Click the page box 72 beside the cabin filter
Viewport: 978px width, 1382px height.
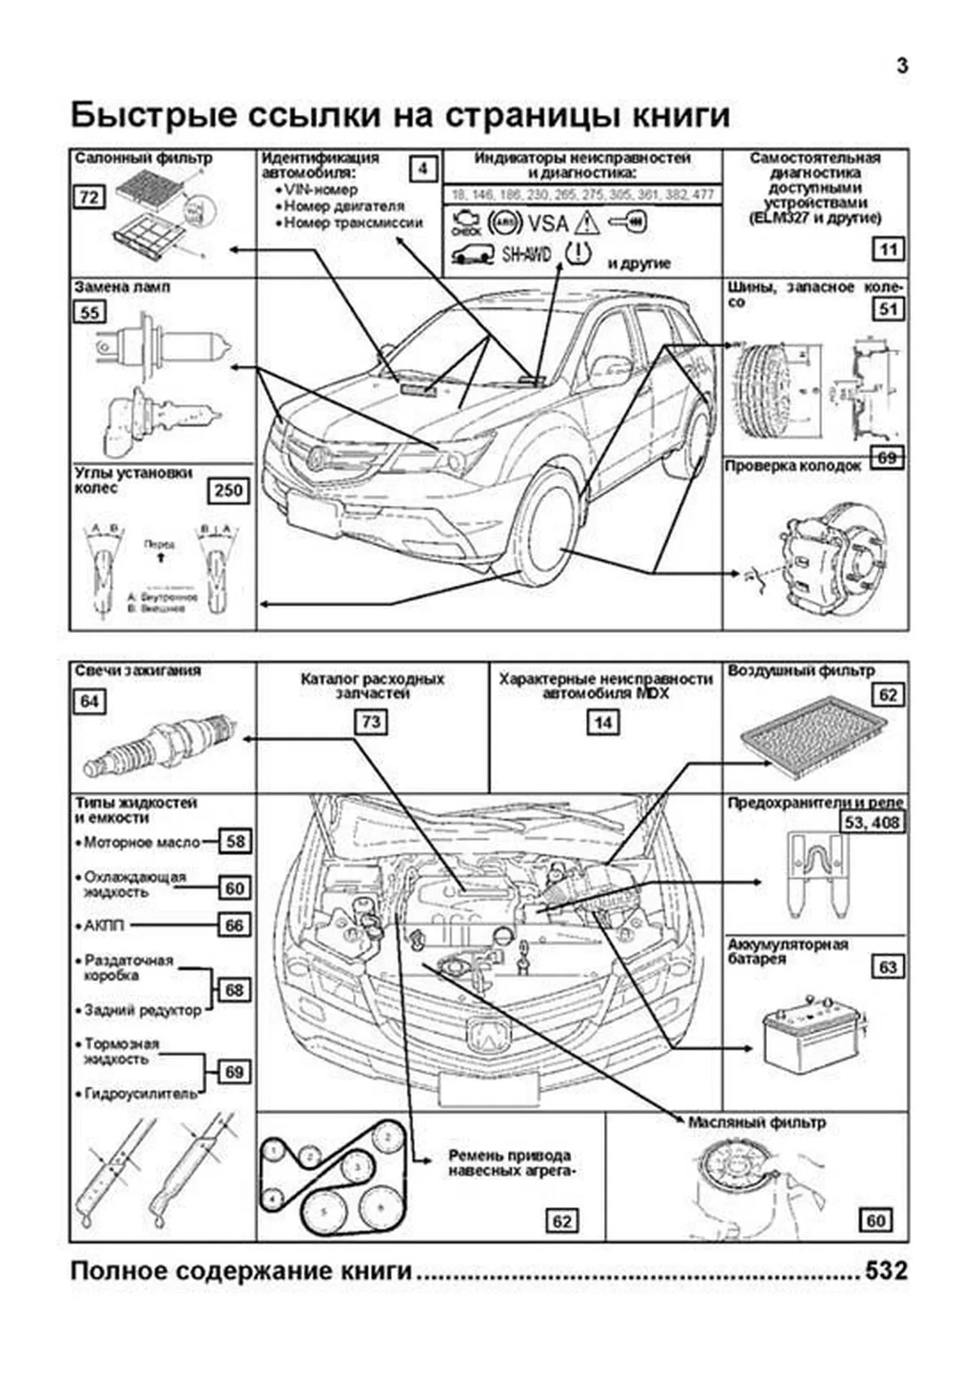click(88, 196)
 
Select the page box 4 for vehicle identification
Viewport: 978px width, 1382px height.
click(422, 169)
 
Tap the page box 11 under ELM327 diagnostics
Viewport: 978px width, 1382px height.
click(888, 249)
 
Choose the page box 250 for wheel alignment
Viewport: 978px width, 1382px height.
click(228, 490)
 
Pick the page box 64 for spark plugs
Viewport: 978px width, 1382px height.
click(89, 701)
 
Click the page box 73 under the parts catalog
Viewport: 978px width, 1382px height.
click(371, 722)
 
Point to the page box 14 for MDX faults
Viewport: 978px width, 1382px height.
click(603, 722)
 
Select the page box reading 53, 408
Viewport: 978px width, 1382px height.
click(872, 823)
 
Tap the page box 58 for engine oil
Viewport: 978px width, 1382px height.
click(235, 841)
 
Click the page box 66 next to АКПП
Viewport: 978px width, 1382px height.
click(235, 925)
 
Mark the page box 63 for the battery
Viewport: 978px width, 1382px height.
click(888, 967)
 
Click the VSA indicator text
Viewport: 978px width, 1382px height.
click(548, 222)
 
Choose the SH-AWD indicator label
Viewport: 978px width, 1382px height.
click(526, 255)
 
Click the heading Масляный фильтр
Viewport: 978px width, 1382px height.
click(756, 1122)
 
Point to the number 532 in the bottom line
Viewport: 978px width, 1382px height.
click(886, 1271)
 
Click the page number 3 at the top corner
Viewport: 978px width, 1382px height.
click(902, 66)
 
